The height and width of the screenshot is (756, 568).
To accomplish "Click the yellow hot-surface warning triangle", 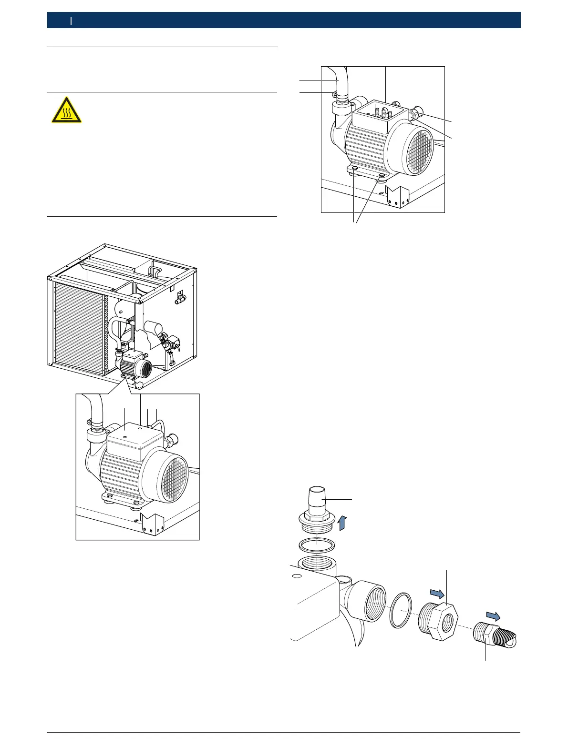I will (x=66, y=110).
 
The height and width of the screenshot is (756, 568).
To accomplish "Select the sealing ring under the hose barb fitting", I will (x=316, y=544).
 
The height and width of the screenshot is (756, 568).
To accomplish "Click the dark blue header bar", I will (x=284, y=20).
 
